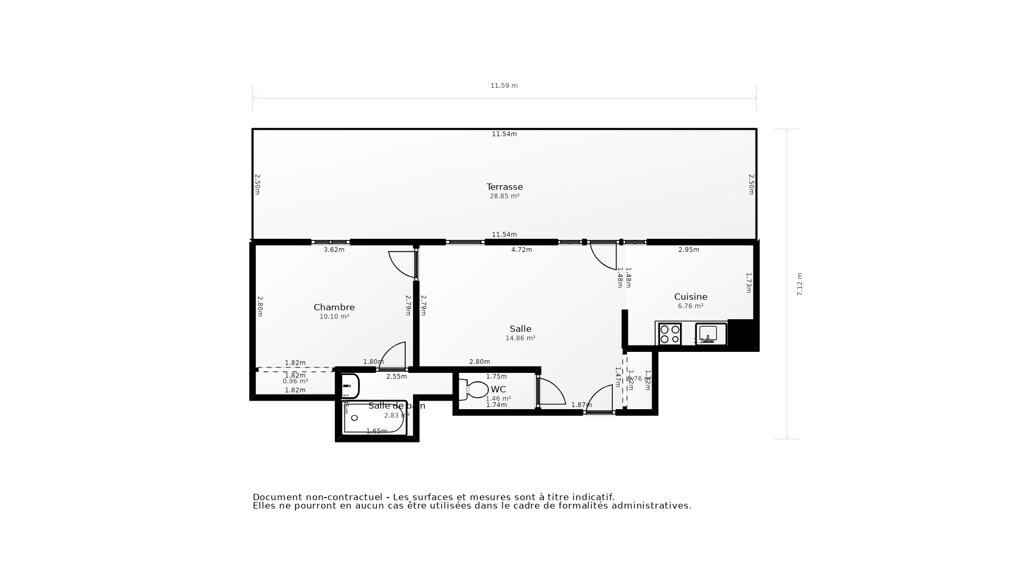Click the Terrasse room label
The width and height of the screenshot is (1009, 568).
[x=504, y=187]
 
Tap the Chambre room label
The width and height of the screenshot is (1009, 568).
[x=334, y=307]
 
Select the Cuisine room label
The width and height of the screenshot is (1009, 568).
[x=691, y=297]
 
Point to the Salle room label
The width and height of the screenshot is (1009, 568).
[x=520, y=329]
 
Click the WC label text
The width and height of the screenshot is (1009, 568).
[x=498, y=389]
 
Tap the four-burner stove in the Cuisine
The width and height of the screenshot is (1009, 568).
[x=670, y=334]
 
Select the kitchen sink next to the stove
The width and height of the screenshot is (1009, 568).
[x=711, y=334]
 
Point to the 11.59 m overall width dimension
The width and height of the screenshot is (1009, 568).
[x=504, y=86]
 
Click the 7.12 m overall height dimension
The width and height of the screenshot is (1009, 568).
[x=800, y=284]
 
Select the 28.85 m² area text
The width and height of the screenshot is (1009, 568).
[x=504, y=196]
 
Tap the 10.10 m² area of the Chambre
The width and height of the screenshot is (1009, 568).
[x=334, y=317]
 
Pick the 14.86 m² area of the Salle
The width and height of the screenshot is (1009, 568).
[x=520, y=338]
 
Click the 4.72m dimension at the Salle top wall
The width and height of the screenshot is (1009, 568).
[x=521, y=250]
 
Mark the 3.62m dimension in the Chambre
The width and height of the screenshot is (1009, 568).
[x=334, y=250]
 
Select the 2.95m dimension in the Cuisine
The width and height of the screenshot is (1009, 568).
[x=688, y=250]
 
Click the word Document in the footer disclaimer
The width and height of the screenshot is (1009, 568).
[x=278, y=497]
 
